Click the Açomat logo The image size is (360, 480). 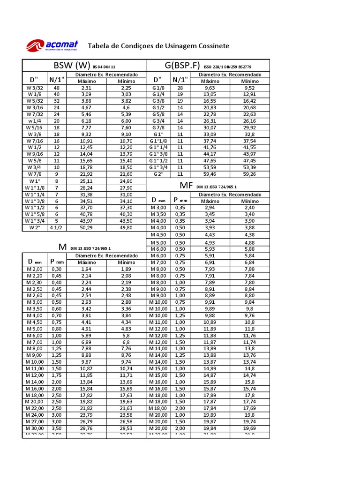click(52, 45)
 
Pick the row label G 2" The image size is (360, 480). click(158, 173)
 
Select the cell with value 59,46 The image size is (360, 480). click(210, 173)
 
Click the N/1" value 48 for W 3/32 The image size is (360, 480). click(57, 88)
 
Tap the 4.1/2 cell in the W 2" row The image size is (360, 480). click(57, 227)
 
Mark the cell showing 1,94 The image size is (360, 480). click(86, 270)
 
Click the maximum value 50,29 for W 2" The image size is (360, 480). click(86, 227)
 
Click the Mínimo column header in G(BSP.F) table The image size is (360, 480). click(249, 81)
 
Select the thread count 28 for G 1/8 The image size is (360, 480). click(180, 88)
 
